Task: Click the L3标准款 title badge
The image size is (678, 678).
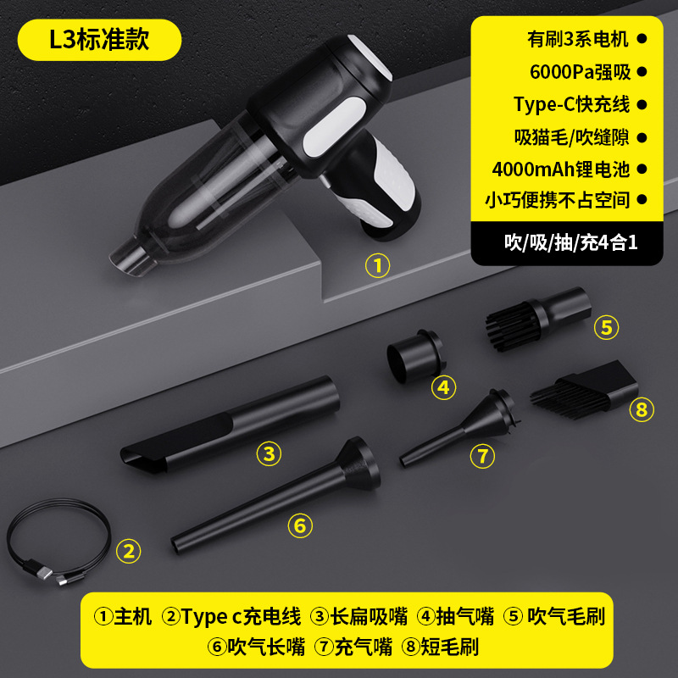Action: tap(100, 39)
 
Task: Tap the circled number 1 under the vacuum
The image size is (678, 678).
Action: tap(377, 266)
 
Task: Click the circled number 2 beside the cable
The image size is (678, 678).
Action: tap(128, 552)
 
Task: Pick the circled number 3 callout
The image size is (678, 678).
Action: tap(269, 454)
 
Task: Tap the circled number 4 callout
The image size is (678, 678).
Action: tap(443, 387)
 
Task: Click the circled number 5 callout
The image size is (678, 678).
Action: tap(605, 327)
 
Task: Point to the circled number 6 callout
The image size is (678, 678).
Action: tap(299, 525)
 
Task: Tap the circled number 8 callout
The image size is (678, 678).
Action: tap(642, 411)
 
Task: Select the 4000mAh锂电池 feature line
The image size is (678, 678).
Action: tap(560, 169)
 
